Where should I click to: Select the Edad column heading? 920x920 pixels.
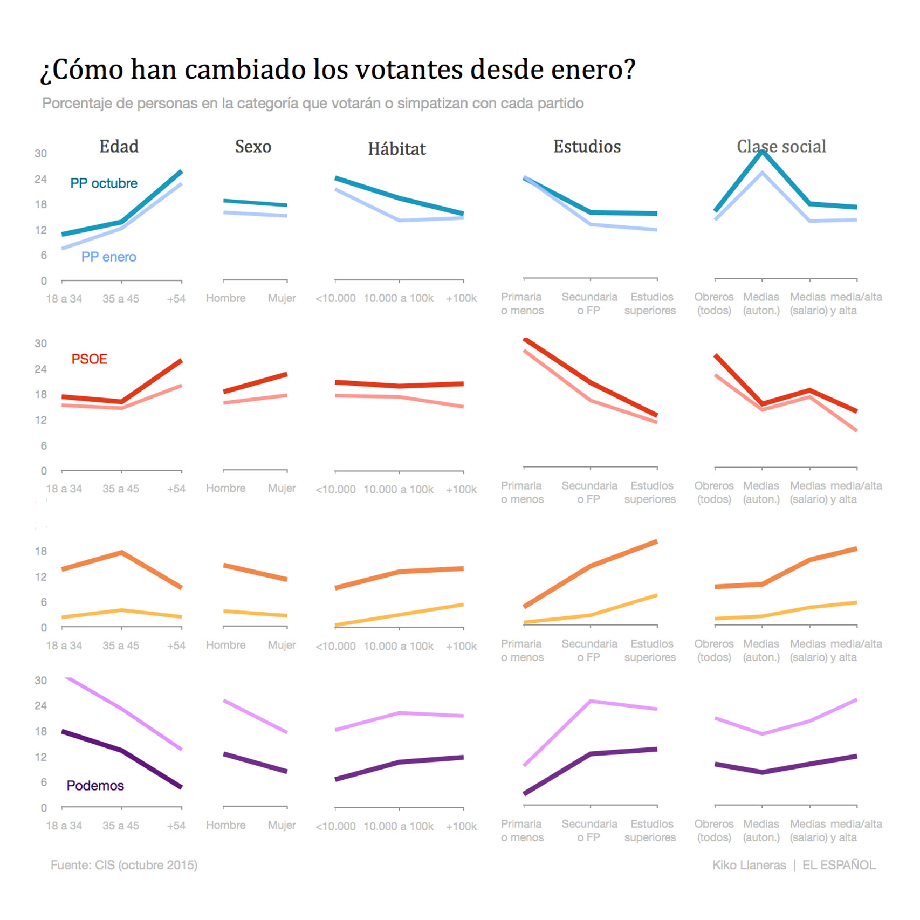point(119,146)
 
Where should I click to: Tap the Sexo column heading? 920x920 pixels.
point(253,146)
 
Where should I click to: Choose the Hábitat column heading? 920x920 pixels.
point(397,149)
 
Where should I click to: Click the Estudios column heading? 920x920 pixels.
point(587,146)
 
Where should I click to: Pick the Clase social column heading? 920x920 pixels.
point(781,146)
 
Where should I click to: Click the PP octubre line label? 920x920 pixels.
point(104,183)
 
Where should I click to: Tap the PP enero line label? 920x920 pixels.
point(108,257)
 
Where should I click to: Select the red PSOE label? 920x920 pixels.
point(89,359)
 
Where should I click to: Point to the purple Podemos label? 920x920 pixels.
point(95,785)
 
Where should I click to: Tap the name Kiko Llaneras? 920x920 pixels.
point(749,865)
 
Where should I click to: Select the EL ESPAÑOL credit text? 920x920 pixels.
point(839,865)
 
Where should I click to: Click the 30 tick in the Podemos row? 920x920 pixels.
point(40,680)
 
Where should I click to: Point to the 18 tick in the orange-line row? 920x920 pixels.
point(40,551)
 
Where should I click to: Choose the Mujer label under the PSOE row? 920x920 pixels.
point(282,488)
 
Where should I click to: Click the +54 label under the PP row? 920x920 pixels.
point(176,299)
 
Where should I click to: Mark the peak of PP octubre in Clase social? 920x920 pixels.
point(762,152)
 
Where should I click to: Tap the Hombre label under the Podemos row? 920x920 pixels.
point(225,825)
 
